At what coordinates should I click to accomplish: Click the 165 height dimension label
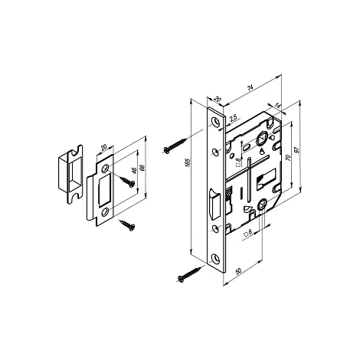point(187,163)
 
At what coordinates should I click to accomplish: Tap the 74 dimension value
point(250,88)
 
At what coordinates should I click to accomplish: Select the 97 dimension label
point(296,150)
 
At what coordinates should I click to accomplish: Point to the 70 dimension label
point(288,157)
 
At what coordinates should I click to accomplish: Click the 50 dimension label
point(239,271)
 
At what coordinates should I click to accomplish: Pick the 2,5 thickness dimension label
point(233,118)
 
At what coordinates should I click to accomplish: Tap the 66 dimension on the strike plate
point(142,168)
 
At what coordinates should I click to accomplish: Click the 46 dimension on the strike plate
point(135,171)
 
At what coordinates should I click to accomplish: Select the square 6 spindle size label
point(248,233)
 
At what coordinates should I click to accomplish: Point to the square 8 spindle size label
point(238,162)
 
